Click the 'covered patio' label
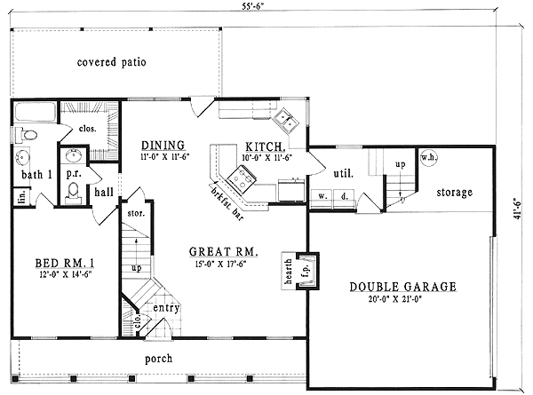111,62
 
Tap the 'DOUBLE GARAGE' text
402,287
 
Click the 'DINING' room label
163,145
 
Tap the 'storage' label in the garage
454,192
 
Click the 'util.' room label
343,174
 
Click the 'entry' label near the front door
166,308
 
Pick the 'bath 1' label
34,173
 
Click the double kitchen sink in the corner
287,118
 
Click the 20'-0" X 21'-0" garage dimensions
402,300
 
